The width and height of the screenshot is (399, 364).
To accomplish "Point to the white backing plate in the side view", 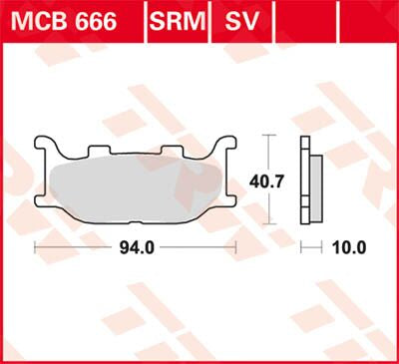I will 304,180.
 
